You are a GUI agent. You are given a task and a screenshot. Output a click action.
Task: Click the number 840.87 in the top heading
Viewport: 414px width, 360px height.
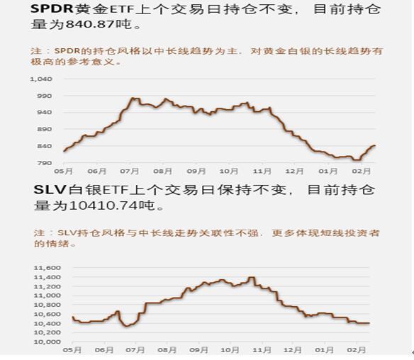[x=90, y=24]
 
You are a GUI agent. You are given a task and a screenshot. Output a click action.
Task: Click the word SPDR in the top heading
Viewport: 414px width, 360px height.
[x=52, y=9]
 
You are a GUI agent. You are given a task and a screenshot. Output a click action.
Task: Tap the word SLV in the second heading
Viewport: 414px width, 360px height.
[x=50, y=189]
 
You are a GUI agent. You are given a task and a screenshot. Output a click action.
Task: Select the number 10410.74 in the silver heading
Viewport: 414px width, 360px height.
[x=104, y=206]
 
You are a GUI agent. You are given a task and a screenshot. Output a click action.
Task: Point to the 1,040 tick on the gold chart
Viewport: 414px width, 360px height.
[x=41, y=79]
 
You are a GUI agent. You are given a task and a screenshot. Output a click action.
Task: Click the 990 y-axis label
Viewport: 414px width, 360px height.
[x=45, y=96]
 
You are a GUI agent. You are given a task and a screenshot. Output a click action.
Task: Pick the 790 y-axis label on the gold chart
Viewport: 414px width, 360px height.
[x=45, y=163]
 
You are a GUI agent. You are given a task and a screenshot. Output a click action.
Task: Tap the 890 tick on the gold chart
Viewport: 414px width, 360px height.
[x=45, y=129]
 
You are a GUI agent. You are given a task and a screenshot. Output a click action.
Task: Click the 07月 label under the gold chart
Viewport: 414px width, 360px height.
[x=129, y=171]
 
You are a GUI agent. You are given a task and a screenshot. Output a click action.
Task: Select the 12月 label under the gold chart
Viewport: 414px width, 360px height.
[x=294, y=171]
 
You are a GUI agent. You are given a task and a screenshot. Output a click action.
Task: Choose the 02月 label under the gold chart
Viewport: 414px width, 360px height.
[x=361, y=171]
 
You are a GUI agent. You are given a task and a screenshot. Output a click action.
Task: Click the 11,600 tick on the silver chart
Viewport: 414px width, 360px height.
[x=47, y=268]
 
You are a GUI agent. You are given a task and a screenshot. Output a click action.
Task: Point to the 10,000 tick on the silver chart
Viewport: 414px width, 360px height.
[x=47, y=342]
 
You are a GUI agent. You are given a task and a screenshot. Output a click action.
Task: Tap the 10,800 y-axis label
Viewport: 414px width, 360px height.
[x=47, y=305]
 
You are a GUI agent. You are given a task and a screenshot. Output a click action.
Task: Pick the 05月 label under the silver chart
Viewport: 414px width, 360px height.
[x=72, y=350]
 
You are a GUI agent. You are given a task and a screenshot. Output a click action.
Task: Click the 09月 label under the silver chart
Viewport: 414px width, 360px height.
[x=198, y=350]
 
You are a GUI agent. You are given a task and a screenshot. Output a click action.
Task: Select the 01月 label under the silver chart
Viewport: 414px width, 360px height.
[x=324, y=350]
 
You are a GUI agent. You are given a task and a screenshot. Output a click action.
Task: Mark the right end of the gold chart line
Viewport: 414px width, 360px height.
[x=375, y=146]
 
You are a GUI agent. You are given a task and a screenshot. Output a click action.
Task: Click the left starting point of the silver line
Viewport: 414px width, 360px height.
[x=72, y=317]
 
